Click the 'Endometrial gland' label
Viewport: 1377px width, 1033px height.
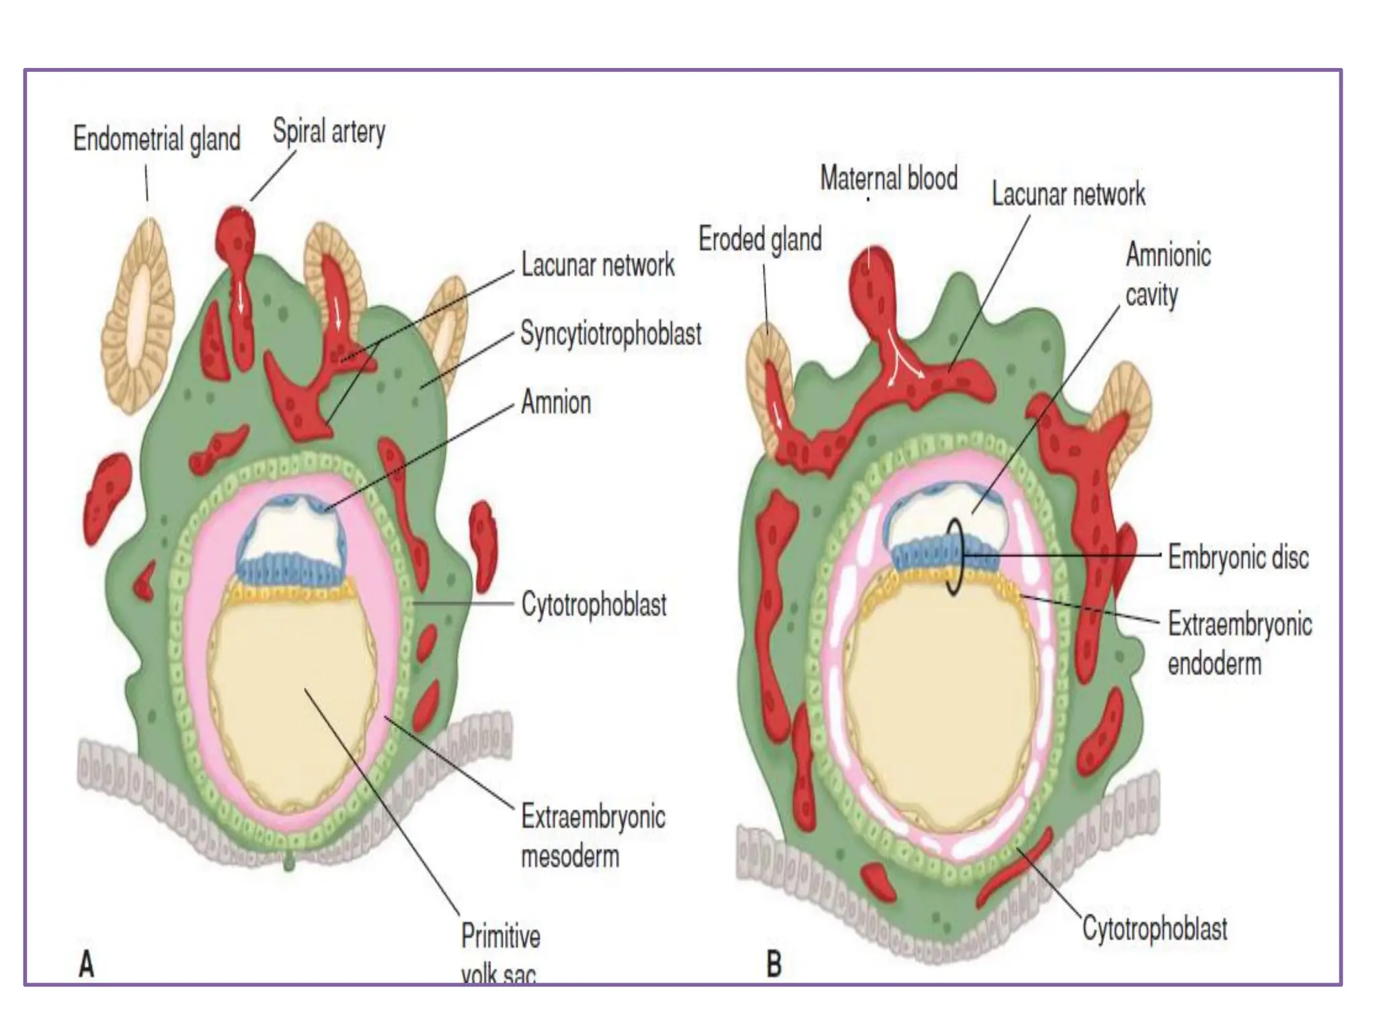(x=157, y=139)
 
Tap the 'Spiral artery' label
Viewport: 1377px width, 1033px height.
(x=329, y=131)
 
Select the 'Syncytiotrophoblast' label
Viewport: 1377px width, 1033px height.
(x=611, y=334)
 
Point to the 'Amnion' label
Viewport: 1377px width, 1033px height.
(x=556, y=403)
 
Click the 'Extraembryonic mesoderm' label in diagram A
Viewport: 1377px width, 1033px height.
(x=593, y=837)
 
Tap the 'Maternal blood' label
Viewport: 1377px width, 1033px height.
(x=889, y=178)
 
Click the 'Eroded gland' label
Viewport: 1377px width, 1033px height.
(x=760, y=239)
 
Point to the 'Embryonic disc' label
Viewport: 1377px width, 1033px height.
(x=1238, y=558)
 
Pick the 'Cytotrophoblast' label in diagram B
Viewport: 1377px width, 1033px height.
(x=1154, y=929)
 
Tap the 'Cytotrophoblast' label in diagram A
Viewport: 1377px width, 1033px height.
(x=594, y=605)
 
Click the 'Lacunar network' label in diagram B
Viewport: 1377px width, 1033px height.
(x=1068, y=194)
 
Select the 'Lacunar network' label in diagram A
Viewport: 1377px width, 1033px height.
(x=598, y=265)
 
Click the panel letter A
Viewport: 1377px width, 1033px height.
(x=87, y=966)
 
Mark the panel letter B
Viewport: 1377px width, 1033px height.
(x=774, y=964)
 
